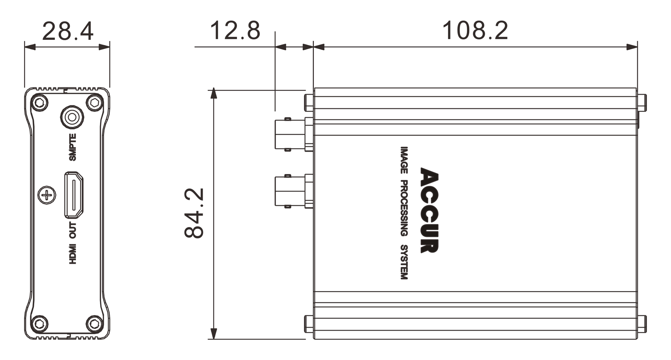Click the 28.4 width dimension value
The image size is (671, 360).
point(68,31)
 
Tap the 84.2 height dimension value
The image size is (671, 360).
point(194,213)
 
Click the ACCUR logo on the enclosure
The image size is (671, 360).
point(429,210)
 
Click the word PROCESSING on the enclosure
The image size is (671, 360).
point(404,208)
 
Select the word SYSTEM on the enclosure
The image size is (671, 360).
point(404,262)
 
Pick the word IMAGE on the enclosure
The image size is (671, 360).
point(404,160)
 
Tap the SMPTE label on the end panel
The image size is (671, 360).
point(72,147)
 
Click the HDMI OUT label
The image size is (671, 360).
point(72,243)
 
